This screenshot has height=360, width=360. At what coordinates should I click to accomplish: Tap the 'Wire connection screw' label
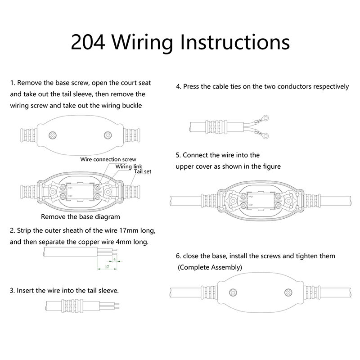click(x=108, y=159)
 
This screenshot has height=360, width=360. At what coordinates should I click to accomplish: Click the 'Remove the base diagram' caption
click(x=81, y=216)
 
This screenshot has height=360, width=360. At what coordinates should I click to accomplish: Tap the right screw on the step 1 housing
click(x=108, y=135)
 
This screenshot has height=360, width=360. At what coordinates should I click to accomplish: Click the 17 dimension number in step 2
click(x=107, y=267)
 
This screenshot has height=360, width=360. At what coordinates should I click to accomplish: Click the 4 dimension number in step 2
click(x=115, y=260)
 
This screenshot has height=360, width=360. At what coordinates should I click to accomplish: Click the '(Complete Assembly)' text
click(x=210, y=267)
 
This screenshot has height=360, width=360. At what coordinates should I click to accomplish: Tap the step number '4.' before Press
click(x=179, y=86)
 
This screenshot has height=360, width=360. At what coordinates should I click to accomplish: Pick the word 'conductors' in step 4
click(x=288, y=86)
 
